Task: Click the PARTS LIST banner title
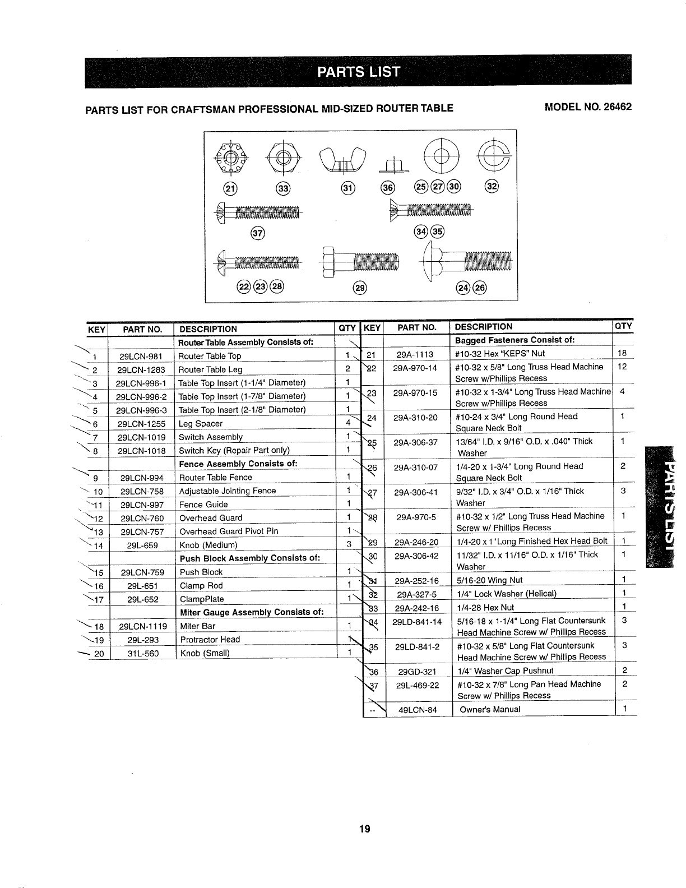(x=359, y=72)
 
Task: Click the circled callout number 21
(x=230, y=188)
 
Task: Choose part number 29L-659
(x=143, y=545)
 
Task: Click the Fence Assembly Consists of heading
(x=238, y=464)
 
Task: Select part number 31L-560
(x=143, y=653)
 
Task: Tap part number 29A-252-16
(x=416, y=581)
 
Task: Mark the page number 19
(x=365, y=830)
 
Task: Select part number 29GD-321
(x=416, y=672)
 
